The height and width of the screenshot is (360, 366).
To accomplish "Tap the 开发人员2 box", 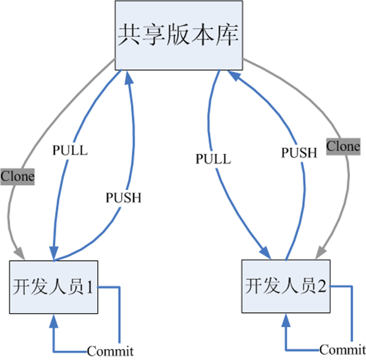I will (x=286, y=285).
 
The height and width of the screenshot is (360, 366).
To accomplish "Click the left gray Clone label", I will (x=17, y=176).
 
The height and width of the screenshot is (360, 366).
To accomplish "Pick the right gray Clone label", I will (x=343, y=146).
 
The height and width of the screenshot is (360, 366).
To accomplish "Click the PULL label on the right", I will (x=213, y=159).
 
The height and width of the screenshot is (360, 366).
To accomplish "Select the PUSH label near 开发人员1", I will (x=123, y=198).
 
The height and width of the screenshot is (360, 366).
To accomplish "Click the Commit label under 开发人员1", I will (x=110, y=351).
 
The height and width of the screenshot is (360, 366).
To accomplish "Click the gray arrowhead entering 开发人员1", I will (x=18, y=253).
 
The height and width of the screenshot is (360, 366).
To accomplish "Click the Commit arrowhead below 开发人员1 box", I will (x=54, y=320).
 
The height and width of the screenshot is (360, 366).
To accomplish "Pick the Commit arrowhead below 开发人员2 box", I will (x=286, y=319).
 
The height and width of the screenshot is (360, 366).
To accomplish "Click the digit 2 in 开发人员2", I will (x=322, y=286).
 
